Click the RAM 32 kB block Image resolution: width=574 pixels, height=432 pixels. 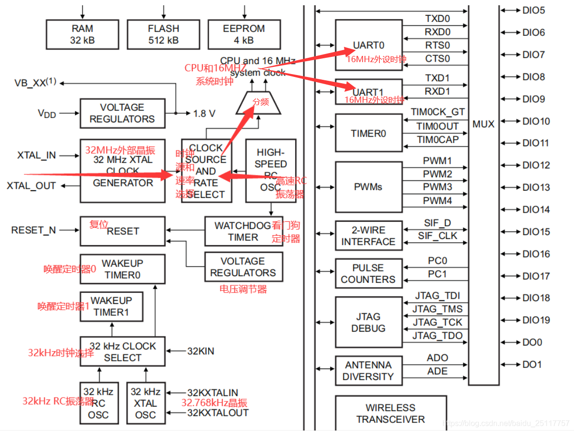tap(82, 34)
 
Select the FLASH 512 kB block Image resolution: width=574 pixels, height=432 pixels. tap(163, 34)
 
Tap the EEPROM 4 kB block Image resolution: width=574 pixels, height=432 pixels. tap(244, 34)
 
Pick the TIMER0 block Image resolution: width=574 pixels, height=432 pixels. tap(368, 133)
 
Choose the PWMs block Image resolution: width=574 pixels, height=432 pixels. tap(368, 187)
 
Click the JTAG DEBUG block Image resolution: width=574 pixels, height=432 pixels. tap(368, 323)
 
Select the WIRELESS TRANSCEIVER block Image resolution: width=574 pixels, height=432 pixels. tap(390, 413)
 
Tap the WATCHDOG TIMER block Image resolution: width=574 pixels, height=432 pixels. tap(243, 231)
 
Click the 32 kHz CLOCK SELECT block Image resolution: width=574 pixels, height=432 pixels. tap(122, 352)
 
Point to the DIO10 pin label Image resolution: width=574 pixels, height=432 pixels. tap(536, 121)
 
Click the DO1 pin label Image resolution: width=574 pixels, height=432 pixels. tap(532, 365)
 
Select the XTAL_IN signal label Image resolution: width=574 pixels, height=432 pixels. tap(36, 155)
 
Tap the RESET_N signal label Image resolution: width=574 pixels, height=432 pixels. tap(33, 230)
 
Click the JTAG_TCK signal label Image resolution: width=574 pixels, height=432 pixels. tap(437, 322)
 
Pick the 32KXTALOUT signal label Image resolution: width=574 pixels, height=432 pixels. tap(218, 413)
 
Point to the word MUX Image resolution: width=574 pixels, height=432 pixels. tap(483, 124)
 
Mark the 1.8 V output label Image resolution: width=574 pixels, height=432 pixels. tap(204, 114)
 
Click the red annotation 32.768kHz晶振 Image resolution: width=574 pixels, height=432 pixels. tap(214, 403)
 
